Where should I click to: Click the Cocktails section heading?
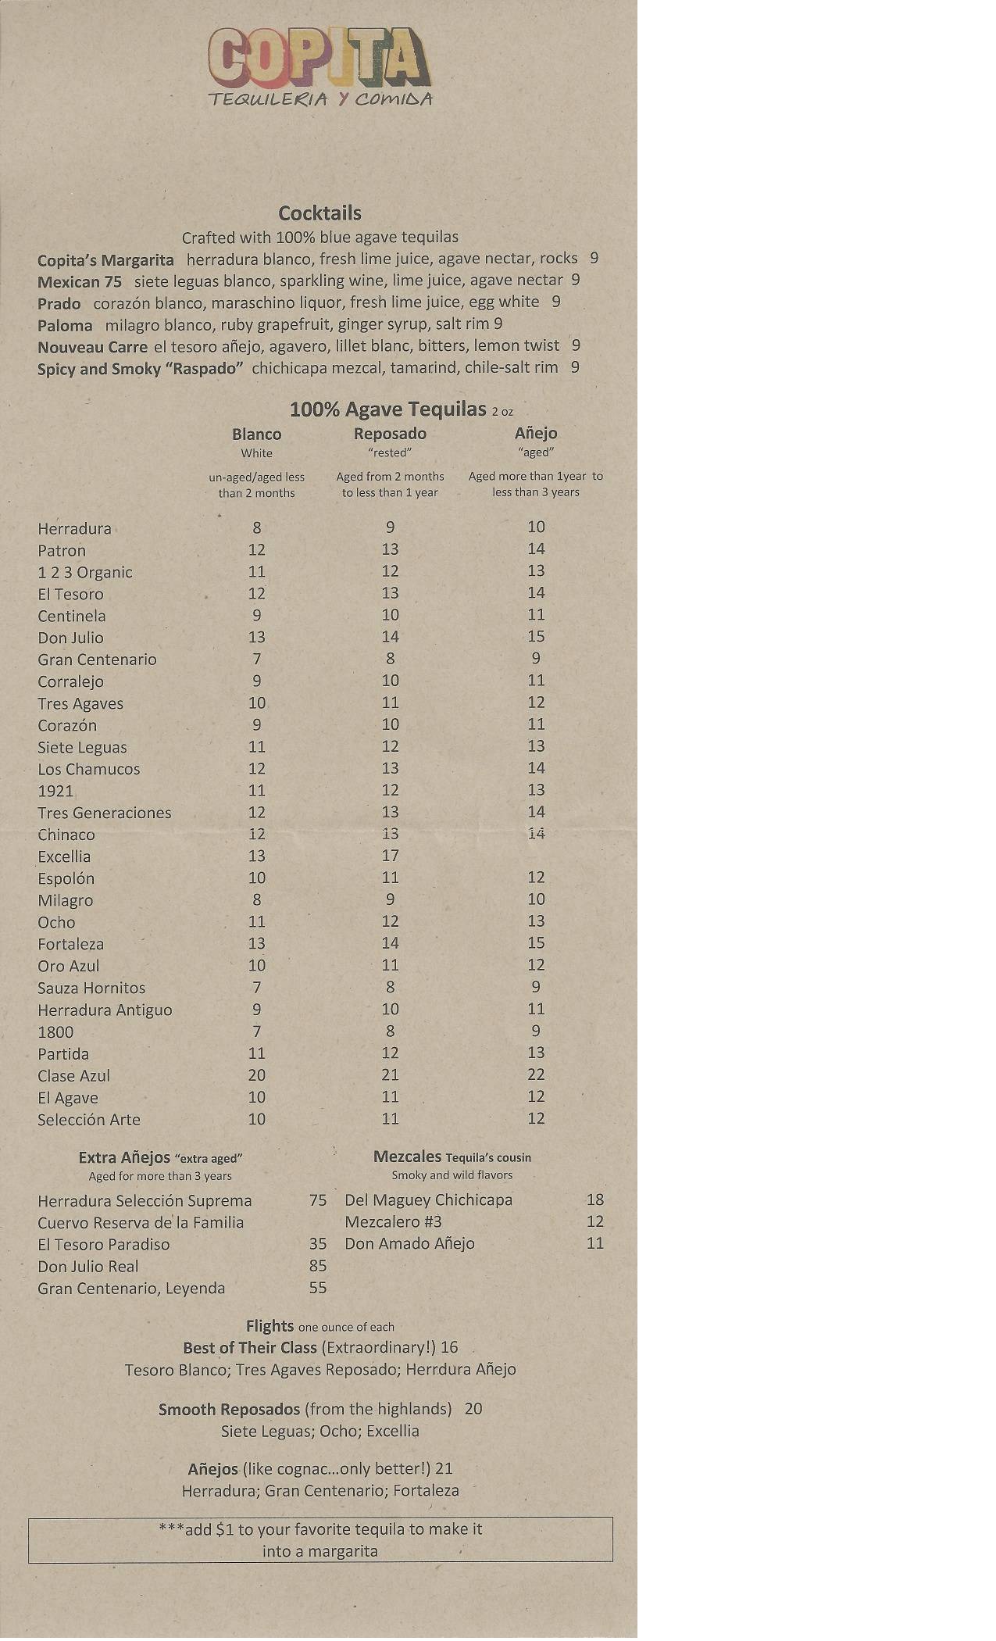click(320, 213)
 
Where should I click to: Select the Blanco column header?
click(256, 434)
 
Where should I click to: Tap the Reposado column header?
click(390, 434)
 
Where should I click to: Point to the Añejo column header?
click(536, 433)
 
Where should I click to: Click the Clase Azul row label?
click(73, 1076)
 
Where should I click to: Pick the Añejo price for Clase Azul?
click(536, 1074)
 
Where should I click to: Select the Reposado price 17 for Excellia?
click(390, 856)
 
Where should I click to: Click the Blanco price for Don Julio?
click(256, 637)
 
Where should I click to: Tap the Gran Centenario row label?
click(97, 660)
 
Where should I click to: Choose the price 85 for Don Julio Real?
click(317, 1266)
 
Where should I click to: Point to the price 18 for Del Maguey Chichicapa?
click(594, 1199)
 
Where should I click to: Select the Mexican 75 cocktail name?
click(80, 281)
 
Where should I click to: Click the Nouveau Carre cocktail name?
click(92, 346)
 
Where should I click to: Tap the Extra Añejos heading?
click(160, 1158)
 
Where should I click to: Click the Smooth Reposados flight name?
click(229, 1410)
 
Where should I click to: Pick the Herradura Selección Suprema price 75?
click(317, 1200)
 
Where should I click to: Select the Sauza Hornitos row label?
click(91, 989)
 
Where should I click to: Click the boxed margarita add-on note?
click(320, 1540)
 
